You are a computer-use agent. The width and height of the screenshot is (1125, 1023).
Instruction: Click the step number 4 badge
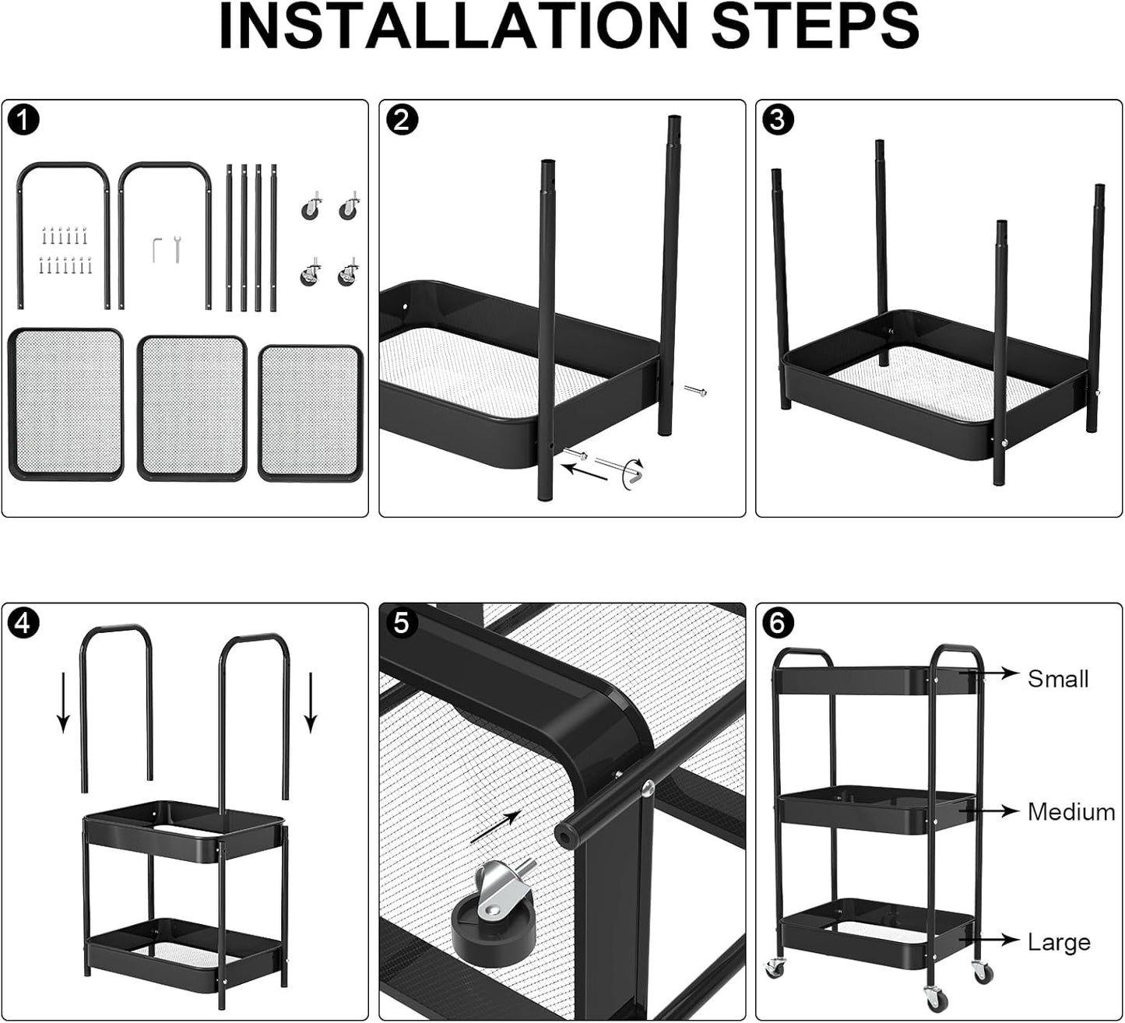point(25,624)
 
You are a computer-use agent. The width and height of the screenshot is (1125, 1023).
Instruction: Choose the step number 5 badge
point(402,624)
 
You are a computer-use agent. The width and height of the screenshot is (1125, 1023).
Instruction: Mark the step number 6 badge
point(779,624)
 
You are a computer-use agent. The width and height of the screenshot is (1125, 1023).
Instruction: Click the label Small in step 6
point(1057,679)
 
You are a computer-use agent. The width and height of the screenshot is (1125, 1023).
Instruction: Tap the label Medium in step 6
point(1071,812)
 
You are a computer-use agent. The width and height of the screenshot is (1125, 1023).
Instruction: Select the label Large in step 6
point(1058,943)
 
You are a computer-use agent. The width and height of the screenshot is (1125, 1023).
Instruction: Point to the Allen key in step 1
point(156,250)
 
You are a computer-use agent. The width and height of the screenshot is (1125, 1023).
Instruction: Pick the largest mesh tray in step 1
point(66,404)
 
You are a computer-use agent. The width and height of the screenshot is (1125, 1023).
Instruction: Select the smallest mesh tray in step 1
point(310,413)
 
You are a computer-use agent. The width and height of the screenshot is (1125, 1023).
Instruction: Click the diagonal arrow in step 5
point(495,827)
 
